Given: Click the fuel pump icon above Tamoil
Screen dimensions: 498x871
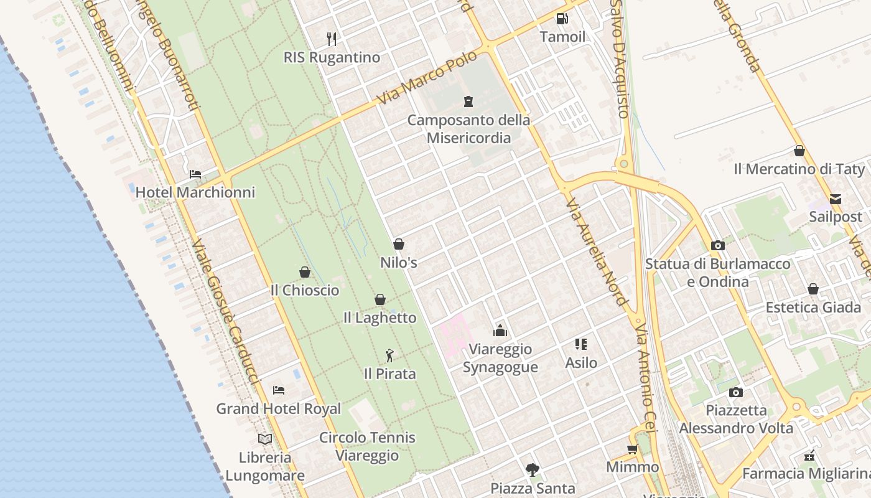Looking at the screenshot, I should [562, 19].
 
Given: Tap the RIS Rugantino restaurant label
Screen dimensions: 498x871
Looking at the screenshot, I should [332, 57].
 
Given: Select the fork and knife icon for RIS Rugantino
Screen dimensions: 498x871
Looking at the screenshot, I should [332, 39].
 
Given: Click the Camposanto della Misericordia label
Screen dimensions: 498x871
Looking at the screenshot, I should [468, 129].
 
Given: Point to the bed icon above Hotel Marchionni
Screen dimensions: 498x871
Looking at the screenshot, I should [195, 174].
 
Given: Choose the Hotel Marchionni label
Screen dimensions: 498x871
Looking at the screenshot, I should [195, 192].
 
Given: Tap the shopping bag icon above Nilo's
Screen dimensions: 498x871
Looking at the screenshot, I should [399, 244].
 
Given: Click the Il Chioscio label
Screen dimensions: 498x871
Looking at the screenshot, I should [305, 290].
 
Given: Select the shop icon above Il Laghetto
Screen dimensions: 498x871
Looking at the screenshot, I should [380, 299].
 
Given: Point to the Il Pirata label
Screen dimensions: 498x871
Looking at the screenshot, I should [390, 374].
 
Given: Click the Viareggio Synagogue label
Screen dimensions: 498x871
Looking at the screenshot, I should [500, 358].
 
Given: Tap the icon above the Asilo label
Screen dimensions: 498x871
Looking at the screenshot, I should [581, 344].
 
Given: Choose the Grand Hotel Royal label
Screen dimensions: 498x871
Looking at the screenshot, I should [279, 409].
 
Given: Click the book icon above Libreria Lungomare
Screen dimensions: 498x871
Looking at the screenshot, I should [265, 439].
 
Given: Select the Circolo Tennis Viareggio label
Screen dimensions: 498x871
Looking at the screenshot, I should [367, 446].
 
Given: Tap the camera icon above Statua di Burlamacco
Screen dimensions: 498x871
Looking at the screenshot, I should [718, 245].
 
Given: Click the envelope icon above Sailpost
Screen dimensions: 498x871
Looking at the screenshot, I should [836, 199].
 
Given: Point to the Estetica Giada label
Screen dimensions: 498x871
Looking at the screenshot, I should [813, 308].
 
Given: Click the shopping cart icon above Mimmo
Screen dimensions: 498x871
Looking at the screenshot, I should [633, 449].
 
